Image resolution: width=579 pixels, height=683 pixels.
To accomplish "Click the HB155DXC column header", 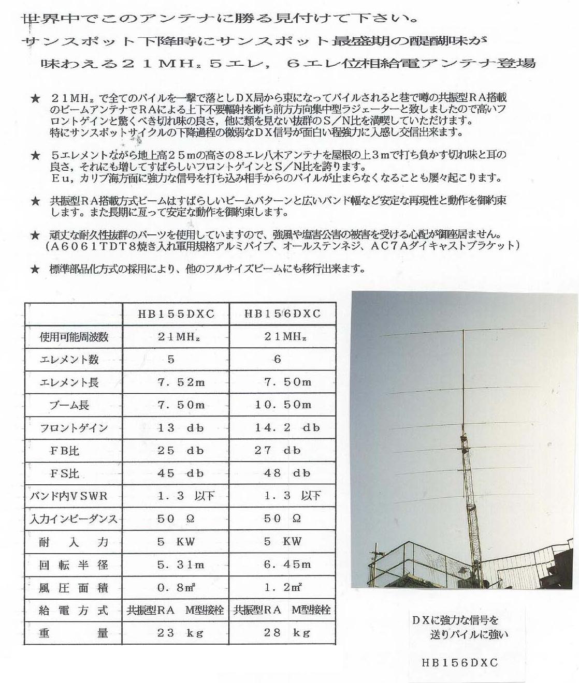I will pos(176,314).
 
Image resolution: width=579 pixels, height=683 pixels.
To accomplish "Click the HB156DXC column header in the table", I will pos(282,314).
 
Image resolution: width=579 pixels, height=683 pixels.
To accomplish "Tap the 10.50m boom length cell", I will pos(283,405).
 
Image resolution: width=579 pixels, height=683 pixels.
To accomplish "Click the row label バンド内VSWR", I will pos(69,496).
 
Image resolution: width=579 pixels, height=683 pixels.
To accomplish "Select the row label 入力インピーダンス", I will pos(73,519).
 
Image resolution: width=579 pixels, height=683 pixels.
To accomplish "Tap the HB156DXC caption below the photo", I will pos(459,663).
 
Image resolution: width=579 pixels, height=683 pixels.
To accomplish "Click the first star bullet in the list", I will pos(35,98).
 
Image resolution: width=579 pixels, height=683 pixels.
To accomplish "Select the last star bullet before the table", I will pos(35,269).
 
